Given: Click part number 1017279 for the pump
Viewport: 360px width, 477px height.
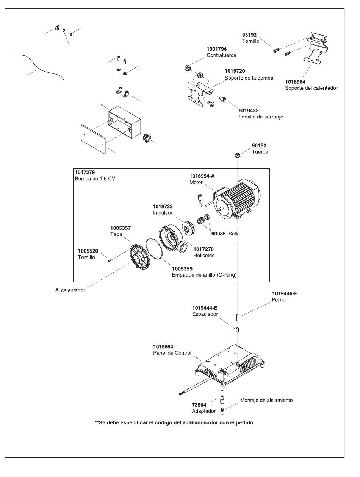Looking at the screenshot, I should click(x=85, y=173).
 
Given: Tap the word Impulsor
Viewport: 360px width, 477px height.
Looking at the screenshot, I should click(x=163, y=213).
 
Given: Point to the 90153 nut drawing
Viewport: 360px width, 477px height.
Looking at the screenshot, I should click(x=237, y=155).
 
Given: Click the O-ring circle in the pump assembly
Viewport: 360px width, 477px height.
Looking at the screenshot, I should click(x=155, y=249).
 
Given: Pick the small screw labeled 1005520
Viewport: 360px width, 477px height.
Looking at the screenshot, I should click(x=109, y=260).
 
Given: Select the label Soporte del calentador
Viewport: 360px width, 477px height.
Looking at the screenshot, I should click(x=311, y=88).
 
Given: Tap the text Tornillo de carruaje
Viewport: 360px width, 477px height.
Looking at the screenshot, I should click(x=260, y=117).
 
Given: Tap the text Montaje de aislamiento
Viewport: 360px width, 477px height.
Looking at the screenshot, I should click(x=266, y=400).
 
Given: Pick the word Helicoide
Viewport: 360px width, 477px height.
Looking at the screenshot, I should click(x=204, y=255).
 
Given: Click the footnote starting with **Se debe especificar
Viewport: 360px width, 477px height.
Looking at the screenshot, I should click(x=174, y=422).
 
